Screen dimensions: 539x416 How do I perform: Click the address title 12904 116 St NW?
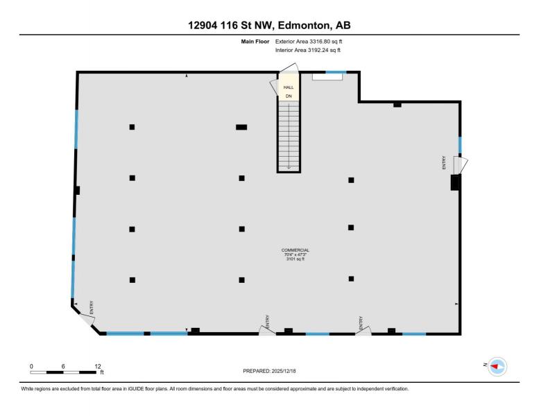tap(230, 26)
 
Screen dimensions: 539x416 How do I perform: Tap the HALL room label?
tap(289, 87)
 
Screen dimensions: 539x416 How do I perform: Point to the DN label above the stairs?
tap(289, 96)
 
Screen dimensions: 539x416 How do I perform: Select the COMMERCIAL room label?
tap(296, 250)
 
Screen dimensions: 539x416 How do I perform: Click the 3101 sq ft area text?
tap(296, 259)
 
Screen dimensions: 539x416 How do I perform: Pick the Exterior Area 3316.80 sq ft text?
tap(309, 42)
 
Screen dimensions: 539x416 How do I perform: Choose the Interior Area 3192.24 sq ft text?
tap(308, 50)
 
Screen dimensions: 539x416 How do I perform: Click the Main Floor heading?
tap(255, 42)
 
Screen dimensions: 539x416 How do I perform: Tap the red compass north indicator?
tap(495, 367)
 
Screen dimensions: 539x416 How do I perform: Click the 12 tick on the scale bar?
tap(98, 367)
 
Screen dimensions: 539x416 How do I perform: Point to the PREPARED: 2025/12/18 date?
tap(269, 371)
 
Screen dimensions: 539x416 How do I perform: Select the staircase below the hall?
tap(289, 136)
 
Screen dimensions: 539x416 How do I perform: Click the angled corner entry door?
tap(86, 320)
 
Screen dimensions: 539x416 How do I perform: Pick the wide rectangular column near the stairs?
tap(241, 127)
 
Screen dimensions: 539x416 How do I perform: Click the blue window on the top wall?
tap(336, 72)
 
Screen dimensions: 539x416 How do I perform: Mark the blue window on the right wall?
tap(460, 145)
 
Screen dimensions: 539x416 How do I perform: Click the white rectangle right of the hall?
tap(327, 76)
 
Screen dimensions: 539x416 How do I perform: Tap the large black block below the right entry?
tap(456, 182)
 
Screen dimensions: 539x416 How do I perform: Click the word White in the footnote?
tap(27, 389)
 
